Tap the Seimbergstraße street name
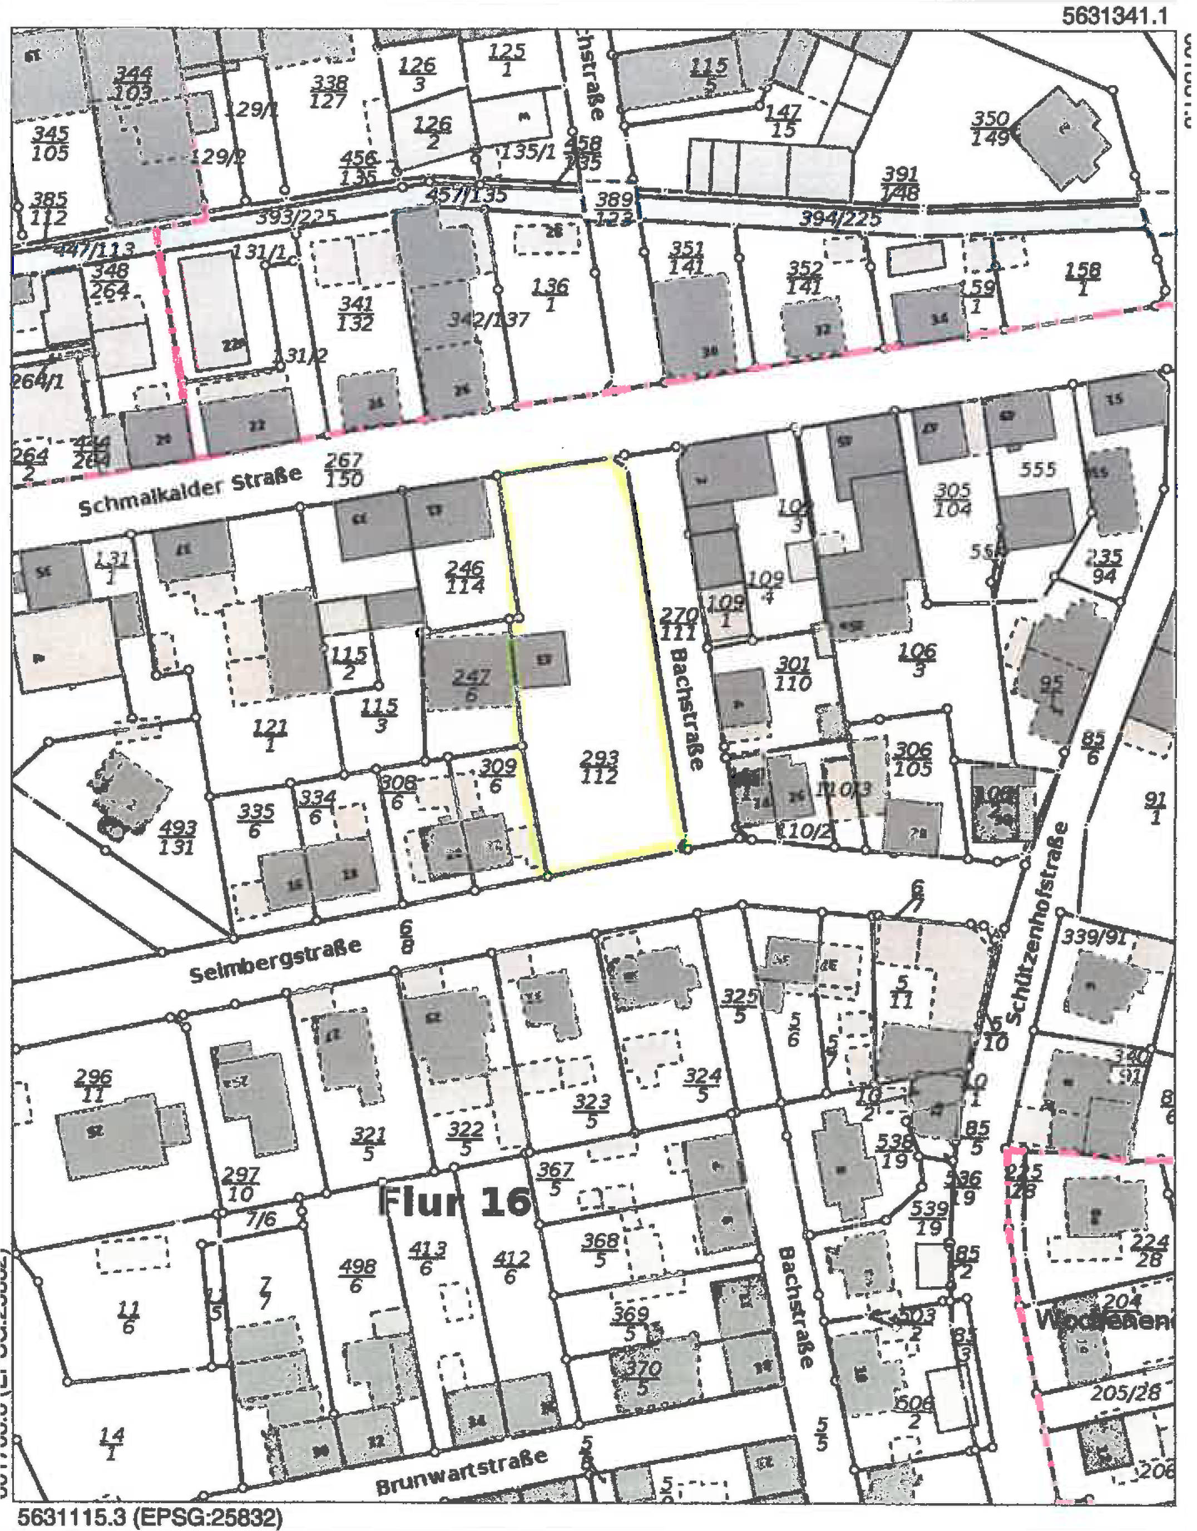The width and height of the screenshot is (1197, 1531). [x=275, y=962]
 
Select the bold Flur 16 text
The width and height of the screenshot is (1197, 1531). [x=454, y=1200]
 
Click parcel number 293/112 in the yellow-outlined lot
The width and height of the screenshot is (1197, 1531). [x=600, y=767]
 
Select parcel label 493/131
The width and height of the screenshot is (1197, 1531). [x=177, y=838]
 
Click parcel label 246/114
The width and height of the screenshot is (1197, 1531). [x=464, y=576]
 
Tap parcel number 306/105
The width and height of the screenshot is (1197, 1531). [x=912, y=759]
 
